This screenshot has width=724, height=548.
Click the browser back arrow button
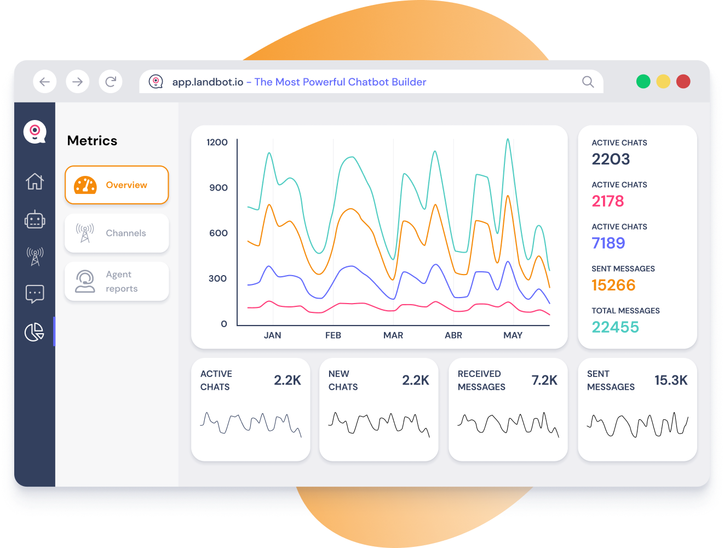point(45,82)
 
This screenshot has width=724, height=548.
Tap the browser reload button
point(111,82)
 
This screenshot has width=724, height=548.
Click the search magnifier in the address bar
point(588,82)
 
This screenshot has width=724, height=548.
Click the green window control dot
point(643,82)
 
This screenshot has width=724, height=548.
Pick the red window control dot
point(683,82)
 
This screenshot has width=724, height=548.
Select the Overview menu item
point(117,185)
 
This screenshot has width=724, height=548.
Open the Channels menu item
point(117,233)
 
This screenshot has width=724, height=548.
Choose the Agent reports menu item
point(117,281)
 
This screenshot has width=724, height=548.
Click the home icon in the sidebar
point(35,181)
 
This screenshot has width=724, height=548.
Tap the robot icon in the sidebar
point(35,220)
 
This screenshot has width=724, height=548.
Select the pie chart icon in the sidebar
point(35,332)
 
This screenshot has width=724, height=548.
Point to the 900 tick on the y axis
point(218,188)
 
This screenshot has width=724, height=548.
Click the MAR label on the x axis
point(393,335)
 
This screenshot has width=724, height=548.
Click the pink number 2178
point(608,201)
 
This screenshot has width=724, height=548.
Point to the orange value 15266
point(613,285)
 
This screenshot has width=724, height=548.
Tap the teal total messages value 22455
point(615,327)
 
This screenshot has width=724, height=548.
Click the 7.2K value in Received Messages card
point(544,380)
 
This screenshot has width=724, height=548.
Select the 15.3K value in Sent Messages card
point(671,380)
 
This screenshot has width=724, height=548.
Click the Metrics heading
point(92,141)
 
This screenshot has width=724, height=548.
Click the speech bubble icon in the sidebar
point(35,294)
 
